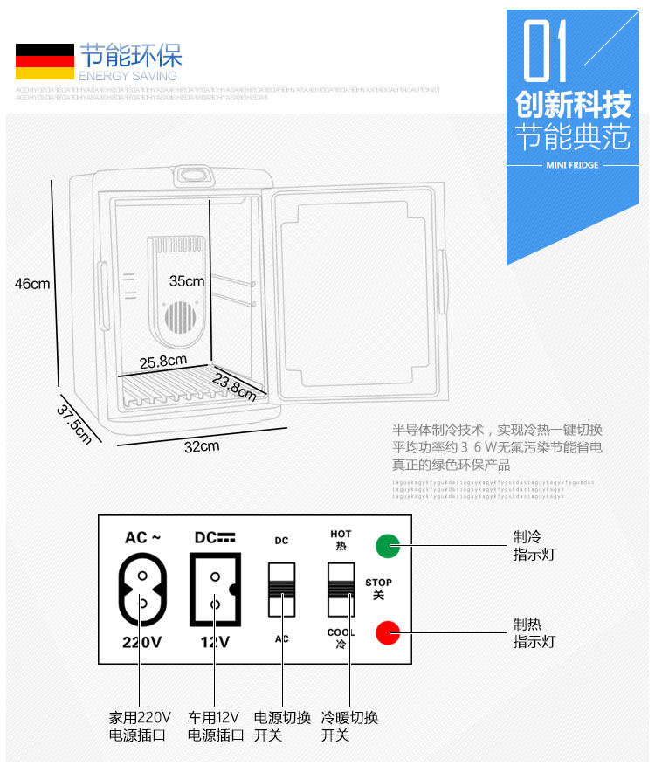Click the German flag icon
(x=45, y=63)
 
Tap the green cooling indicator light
(x=387, y=546)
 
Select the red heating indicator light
(x=387, y=632)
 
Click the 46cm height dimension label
(x=32, y=284)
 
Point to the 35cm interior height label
(x=187, y=281)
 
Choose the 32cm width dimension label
(x=201, y=446)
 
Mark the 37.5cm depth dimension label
(x=75, y=424)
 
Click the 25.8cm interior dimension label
(x=163, y=360)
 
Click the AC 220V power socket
(x=141, y=591)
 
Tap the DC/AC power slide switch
(x=281, y=592)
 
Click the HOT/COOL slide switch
(x=341, y=592)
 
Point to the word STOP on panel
(x=378, y=582)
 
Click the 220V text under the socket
(x=141, y=643)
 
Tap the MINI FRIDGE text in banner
(x=572, y=164)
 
